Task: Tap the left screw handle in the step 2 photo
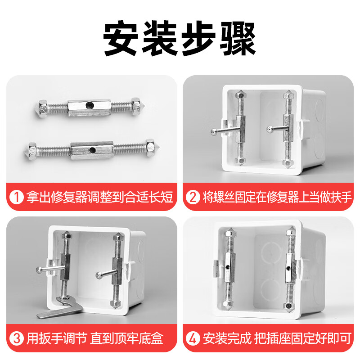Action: (223, 130)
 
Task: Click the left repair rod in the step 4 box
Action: (230, 270)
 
